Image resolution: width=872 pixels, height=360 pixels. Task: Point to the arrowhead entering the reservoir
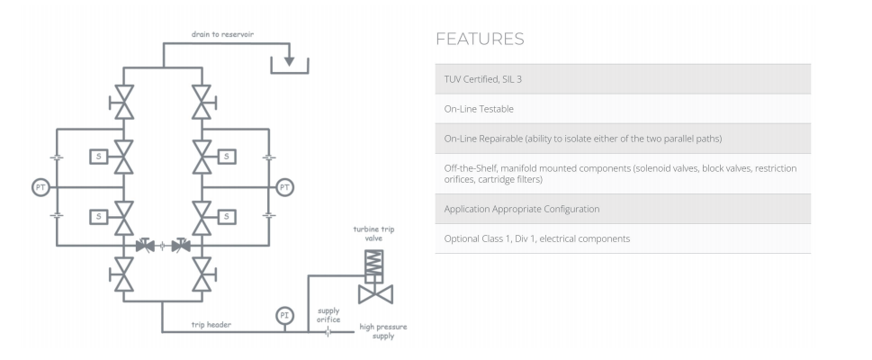click(x=289, y=61)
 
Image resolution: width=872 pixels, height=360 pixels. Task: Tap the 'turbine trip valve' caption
click(x=373, y=234)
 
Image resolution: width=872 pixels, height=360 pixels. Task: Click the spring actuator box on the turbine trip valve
click(x=372, y=265)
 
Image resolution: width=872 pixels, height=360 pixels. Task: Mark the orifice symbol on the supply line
click(x=329, y=331)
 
